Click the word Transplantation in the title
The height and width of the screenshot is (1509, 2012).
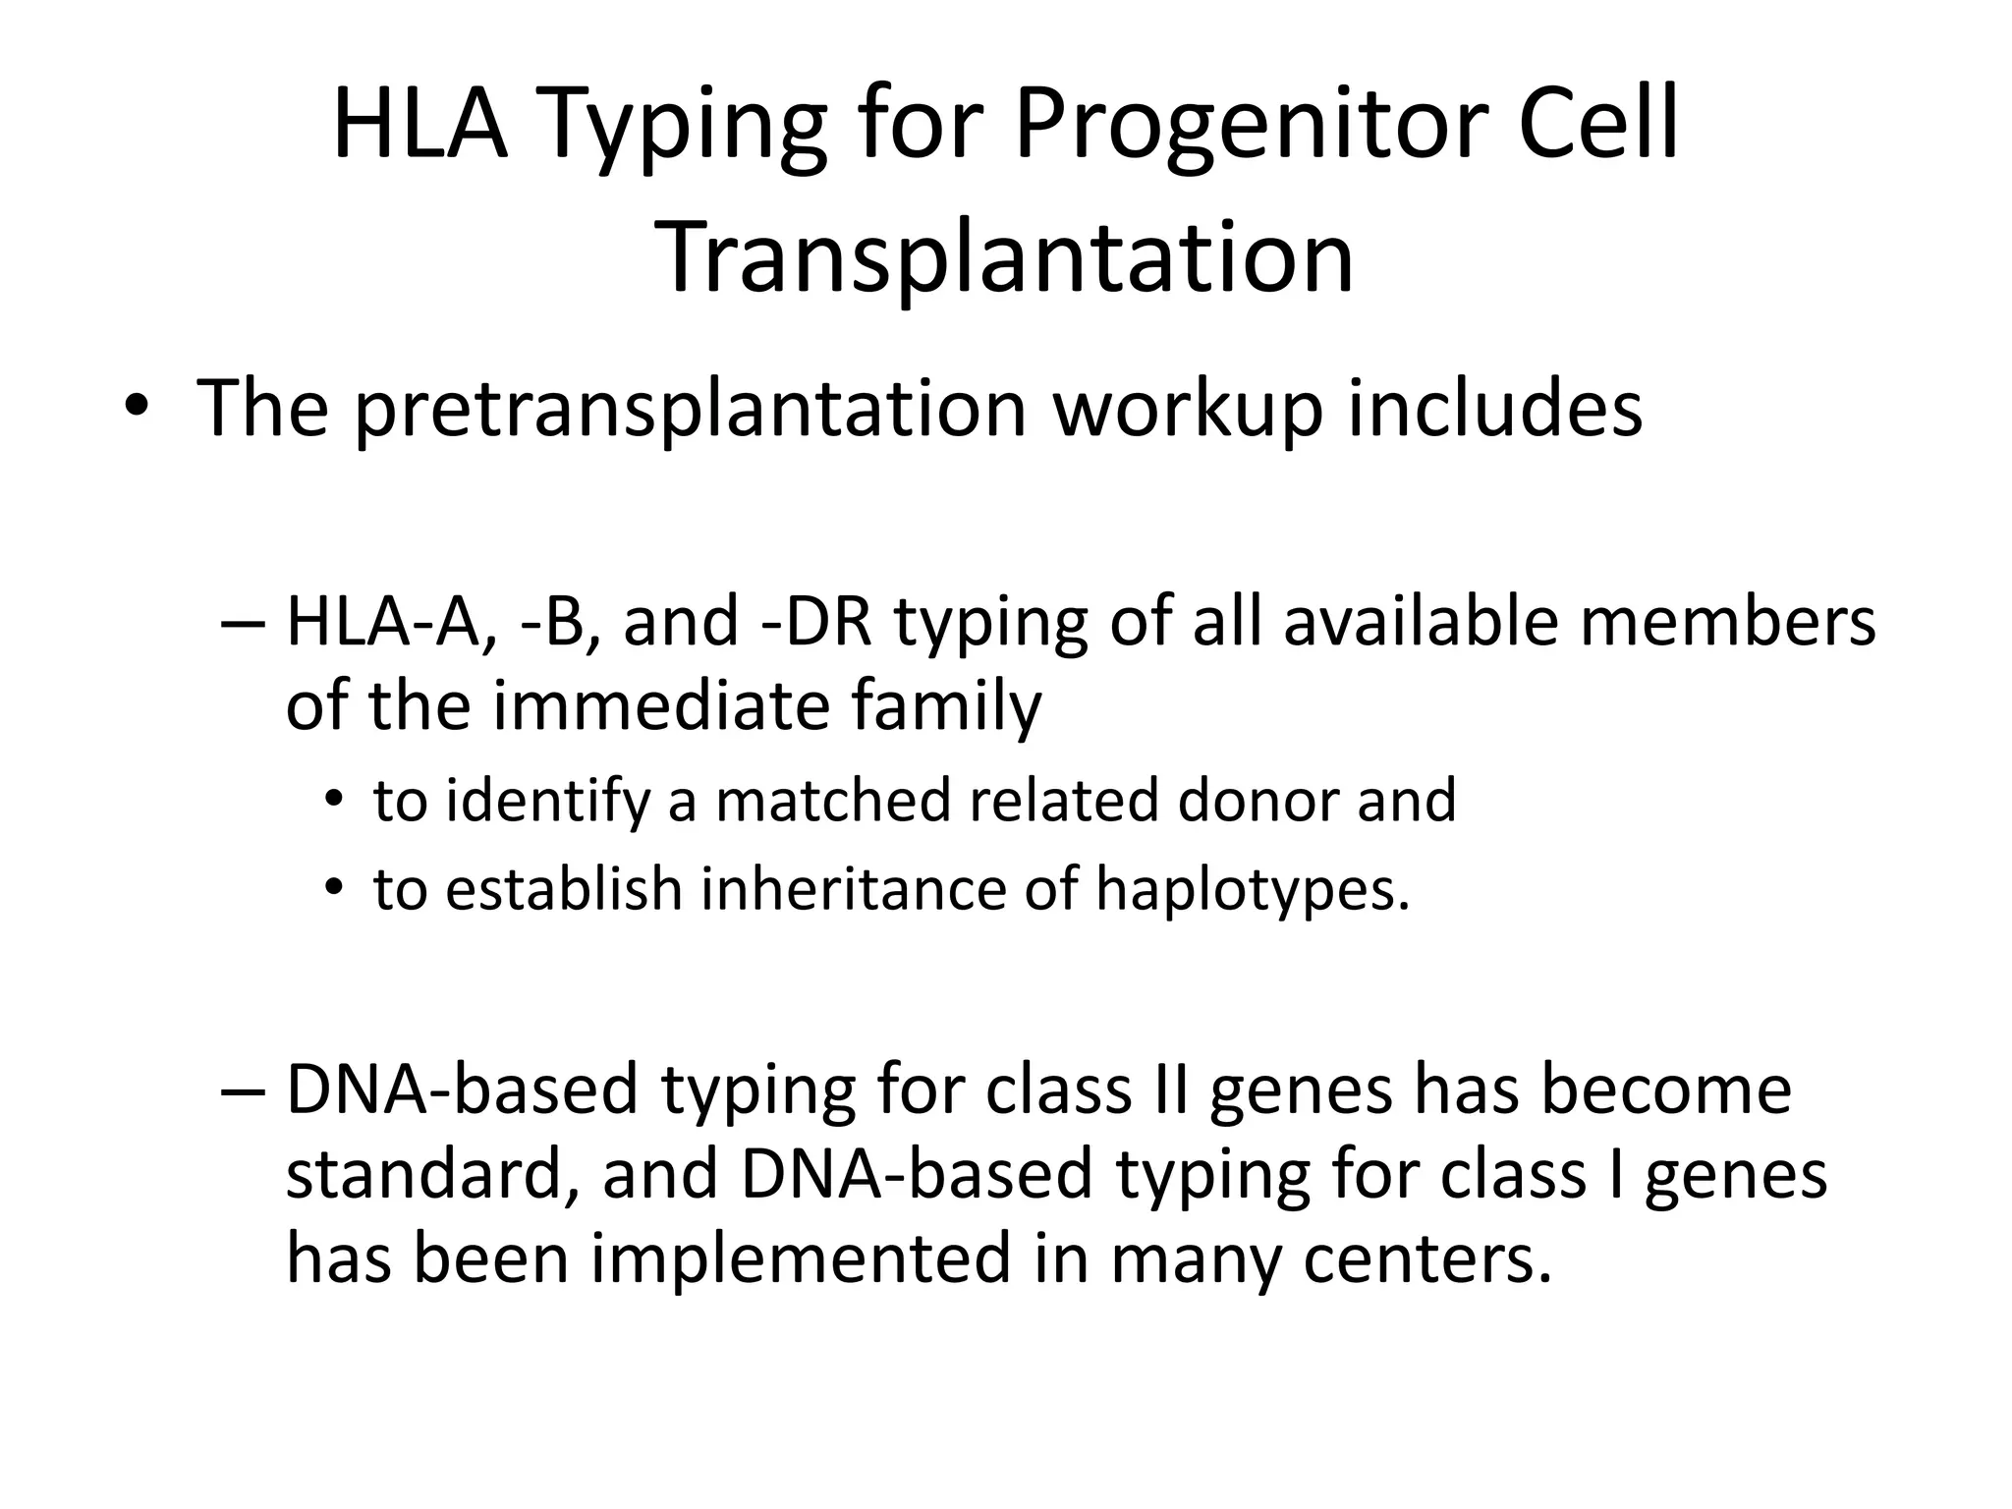click(x=1009, y=257)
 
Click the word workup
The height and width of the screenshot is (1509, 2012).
click(x=1188, y=407)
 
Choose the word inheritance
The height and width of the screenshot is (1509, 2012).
click(x=854, y=888)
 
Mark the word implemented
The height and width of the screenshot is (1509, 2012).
click(x=800, y=1258)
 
